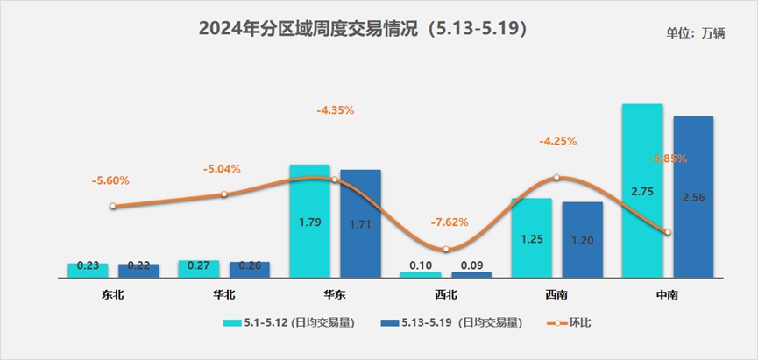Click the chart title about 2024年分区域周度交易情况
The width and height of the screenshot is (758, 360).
(362, 30)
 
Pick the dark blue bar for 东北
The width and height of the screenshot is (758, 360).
(138, 271)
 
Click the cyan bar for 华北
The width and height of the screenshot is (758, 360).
(198, 269)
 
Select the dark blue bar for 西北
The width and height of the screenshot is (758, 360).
(471, 274)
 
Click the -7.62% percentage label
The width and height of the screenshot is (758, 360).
(450, 222)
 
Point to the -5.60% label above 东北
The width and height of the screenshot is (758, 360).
(110, 180)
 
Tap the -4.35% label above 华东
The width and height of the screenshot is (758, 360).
(335, 110)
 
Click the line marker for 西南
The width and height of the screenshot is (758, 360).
(556, 178)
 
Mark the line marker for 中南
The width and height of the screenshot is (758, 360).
(668, 232)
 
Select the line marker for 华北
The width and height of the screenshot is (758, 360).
(223, 194)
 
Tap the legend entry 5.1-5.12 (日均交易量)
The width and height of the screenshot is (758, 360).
(289, 323)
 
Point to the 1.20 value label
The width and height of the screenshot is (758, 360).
(582, 239)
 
